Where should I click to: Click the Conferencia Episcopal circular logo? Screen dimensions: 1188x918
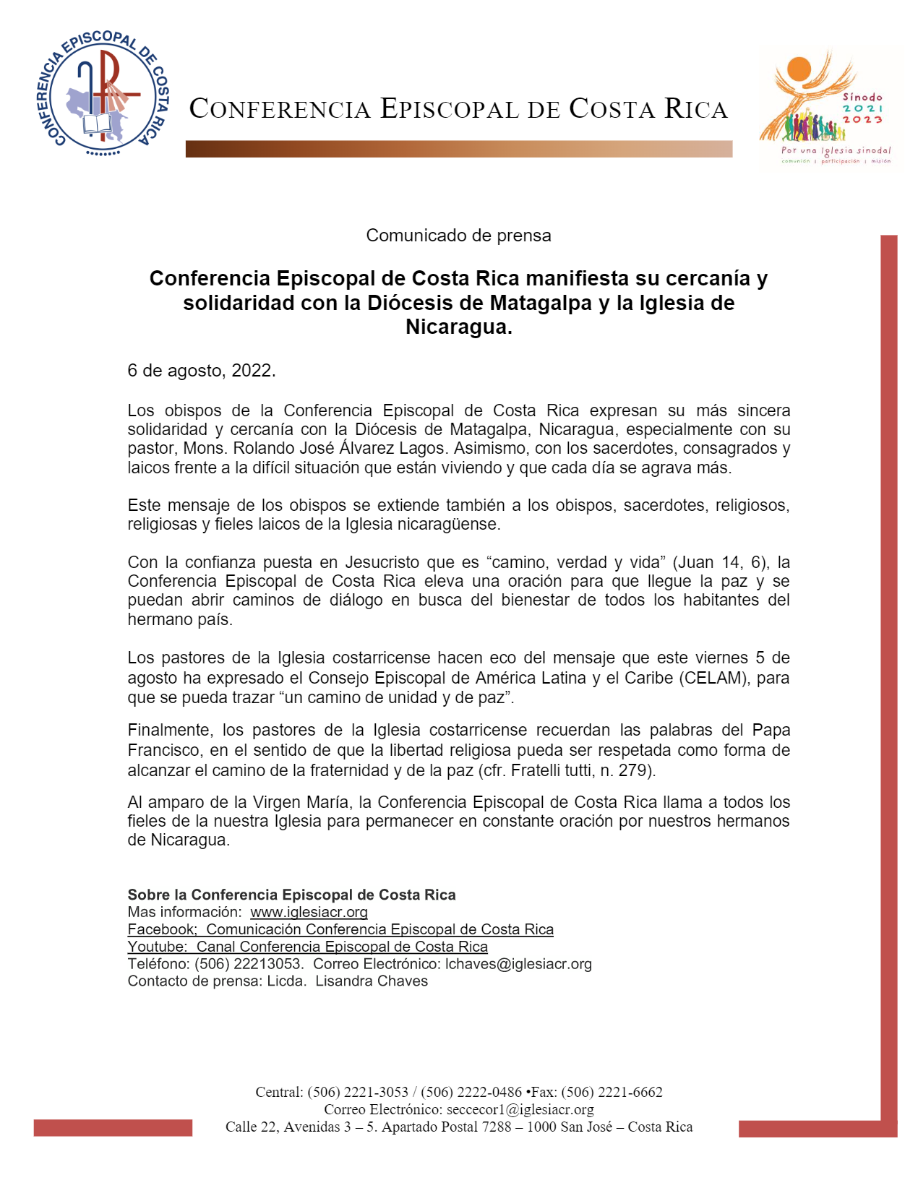coord(102,92)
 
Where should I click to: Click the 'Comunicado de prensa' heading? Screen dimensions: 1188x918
coord(458,236)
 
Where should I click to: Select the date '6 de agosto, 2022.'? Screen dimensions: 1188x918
coord(202,371)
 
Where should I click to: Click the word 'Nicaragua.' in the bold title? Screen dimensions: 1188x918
coord(458,327)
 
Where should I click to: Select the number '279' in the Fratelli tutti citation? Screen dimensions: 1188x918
coord(633,770)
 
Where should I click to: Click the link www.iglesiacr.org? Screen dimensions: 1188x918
coord(309,912)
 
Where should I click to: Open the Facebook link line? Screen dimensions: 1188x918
coord(340,929)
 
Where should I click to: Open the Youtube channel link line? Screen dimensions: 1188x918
coord(307,947)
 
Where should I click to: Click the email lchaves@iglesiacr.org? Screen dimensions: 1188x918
coord(518,964)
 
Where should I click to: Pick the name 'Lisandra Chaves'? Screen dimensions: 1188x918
coord(372,981)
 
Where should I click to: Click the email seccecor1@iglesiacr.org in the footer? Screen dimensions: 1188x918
coord(520,1109)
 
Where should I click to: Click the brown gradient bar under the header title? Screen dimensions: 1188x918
coord(458,149)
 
